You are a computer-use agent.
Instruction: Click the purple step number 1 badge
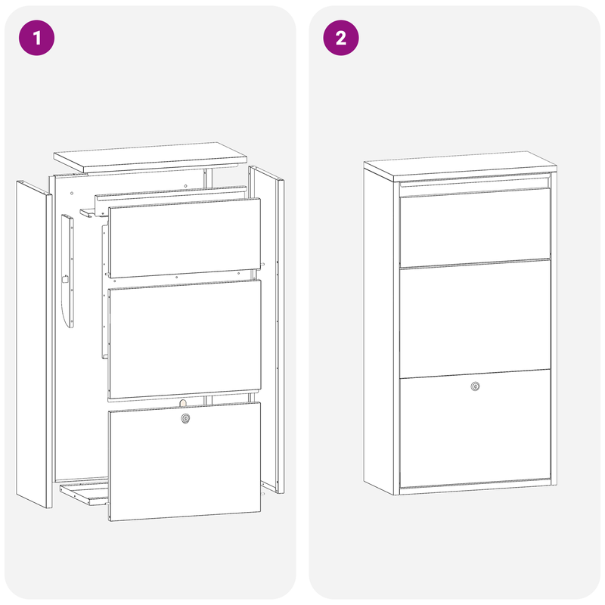click(37, 38)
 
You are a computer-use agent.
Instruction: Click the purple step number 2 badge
click(341, 38)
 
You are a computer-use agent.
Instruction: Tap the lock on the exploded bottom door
click(185, 418)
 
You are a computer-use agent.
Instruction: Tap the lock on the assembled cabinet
click(475, 386)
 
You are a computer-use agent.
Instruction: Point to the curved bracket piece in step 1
click(70, 272)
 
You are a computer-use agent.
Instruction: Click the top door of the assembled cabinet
click(475, 227)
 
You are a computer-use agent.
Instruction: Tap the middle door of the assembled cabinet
click(475, 318)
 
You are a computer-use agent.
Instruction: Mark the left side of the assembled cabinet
click(381, 333)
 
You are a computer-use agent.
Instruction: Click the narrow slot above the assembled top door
click(475, 183)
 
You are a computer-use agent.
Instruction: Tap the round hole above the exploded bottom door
click(184, 403)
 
